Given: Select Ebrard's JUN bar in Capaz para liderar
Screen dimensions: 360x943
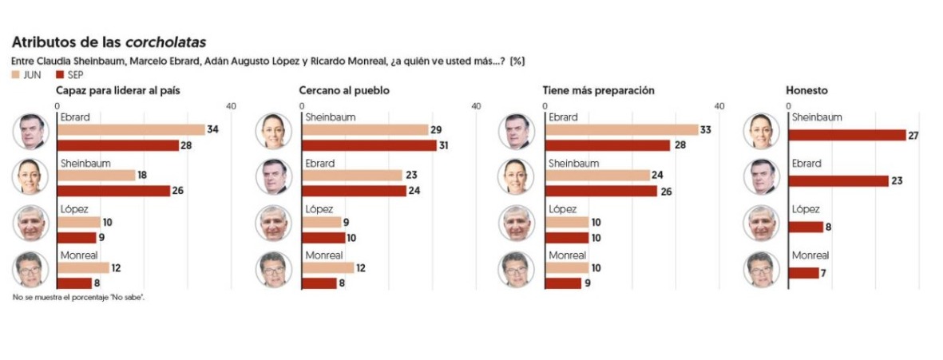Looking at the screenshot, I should click(x=131, y=129).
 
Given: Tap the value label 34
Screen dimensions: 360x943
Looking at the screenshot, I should click(x=213, y=129).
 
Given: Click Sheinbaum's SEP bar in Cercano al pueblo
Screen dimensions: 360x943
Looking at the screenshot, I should click(x=368, y=145).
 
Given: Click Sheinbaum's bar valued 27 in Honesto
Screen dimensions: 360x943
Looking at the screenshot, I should click(x=847, y=135).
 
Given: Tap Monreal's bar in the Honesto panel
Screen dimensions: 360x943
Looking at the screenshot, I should click(x=803, y=273).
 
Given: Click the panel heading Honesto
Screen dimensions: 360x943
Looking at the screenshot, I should click(x=806, y=90).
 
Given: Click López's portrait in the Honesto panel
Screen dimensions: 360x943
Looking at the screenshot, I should click(x=760, y=224).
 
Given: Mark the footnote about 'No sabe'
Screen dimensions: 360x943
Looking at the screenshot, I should click(x=78, y=297).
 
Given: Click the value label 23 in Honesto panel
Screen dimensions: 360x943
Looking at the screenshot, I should click(x=897, y=181).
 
